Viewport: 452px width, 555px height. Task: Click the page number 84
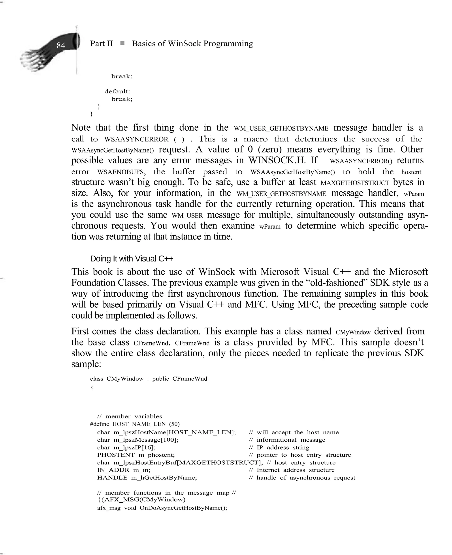[61, 45]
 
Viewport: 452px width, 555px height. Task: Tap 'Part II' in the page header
[101, 44]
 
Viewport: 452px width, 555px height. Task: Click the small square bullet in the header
[122, 43]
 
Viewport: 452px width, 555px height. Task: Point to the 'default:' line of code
[117, 92]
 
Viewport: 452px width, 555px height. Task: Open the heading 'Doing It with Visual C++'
[132, 259]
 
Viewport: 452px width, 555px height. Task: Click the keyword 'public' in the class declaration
[160, 379]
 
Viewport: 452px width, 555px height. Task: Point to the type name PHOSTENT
[116, 455]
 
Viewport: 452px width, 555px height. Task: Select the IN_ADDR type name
[113, 470]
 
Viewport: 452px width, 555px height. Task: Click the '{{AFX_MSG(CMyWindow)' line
[141, 500]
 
